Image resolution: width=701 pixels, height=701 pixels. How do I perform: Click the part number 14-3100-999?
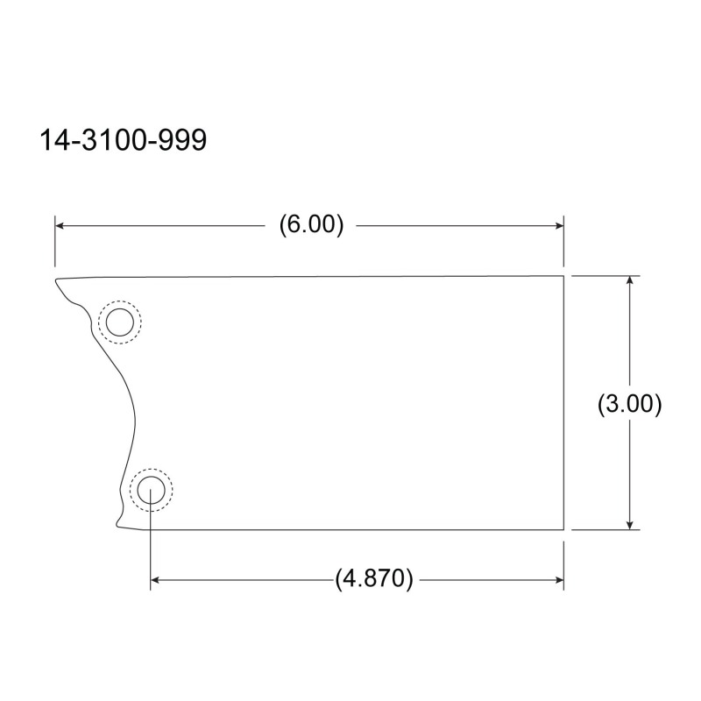123,141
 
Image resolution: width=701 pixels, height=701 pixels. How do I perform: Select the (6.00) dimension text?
311,225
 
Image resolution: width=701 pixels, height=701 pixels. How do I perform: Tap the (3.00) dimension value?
628,404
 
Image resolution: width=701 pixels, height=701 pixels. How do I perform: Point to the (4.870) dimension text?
373,580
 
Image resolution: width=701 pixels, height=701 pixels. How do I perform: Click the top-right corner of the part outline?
563,276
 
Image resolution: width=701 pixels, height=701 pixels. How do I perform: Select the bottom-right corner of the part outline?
563,530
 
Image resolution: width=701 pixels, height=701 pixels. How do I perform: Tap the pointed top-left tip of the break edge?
55,281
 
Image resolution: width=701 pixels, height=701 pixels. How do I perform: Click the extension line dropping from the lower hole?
151,543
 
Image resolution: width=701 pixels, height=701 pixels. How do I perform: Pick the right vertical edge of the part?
563,403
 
